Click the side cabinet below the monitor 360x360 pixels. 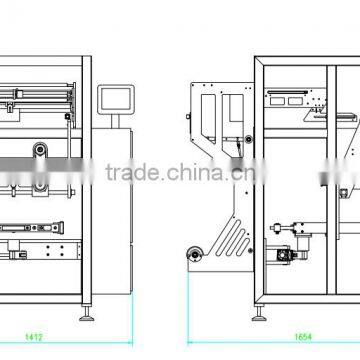click(x=116, y=200)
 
